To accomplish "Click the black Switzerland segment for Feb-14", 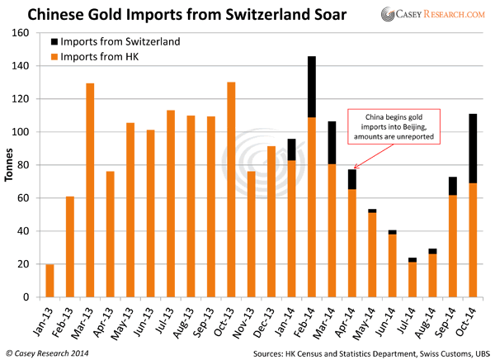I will pyautogui.click(x=313, y=86).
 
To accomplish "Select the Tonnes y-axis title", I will pyautogui.click(x=9, y=165).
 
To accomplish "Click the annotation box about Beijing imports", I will pyautogui.click(x=394, y=126).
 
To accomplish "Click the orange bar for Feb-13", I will pyautogui.click(x=70, y=247).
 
